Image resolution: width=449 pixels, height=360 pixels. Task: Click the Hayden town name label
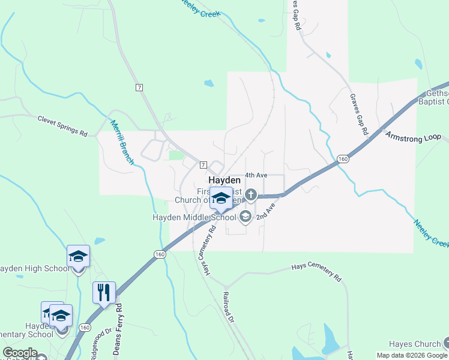pos(224,180)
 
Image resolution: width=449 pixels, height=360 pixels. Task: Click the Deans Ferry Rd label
pos(118,329)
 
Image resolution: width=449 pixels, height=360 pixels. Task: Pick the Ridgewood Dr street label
pos(100,343)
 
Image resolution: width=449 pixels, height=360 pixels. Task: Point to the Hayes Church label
pos(414,344)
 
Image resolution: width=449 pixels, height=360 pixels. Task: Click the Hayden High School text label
pos(35,268)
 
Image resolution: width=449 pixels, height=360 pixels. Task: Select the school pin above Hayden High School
pos(78,257)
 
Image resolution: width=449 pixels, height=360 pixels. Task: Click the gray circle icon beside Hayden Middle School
pos(245,217)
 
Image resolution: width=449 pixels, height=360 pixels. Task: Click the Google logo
pos(20,353)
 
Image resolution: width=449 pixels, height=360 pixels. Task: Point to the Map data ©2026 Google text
pos(412,355)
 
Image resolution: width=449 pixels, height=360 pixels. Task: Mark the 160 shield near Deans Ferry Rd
pos(85,328)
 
